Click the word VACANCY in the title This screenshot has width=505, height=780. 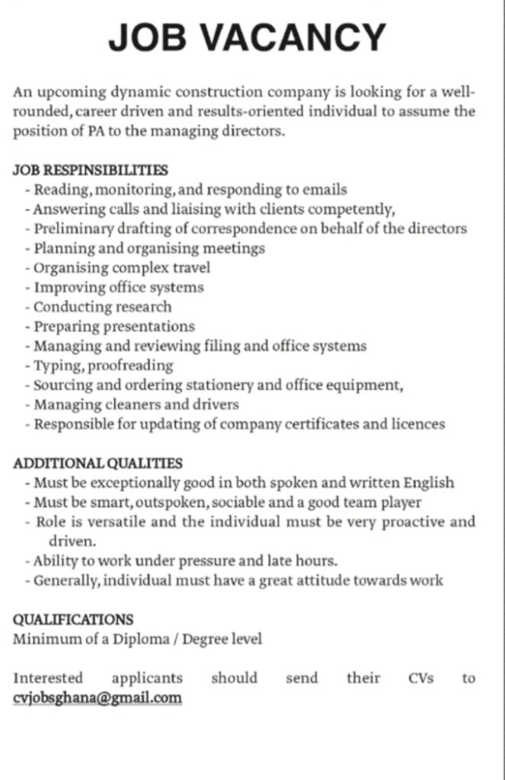coord(297,37)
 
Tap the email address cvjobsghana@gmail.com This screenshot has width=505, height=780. coord(97,698)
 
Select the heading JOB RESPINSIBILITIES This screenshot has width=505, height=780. coord(90,170)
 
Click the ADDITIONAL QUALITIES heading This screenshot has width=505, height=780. coord(97,463)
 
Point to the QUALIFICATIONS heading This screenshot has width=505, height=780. coord(73,620)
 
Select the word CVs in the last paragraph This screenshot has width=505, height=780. coord(420,678)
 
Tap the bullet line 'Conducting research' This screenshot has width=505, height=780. coord(103,307)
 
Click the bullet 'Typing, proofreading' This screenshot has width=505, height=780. coord(104,366)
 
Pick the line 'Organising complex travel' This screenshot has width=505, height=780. coord(122,268)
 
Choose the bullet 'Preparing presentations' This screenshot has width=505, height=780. coord(114,327)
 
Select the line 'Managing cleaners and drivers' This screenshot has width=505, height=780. coord(136,404)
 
